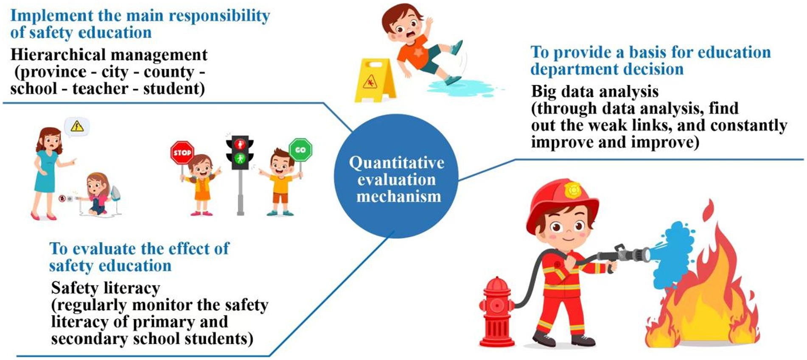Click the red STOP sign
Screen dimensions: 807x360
coord(182,152)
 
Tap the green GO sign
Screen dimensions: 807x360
coord(300,150)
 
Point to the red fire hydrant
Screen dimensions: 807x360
coord(496,311)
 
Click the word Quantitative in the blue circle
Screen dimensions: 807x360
coord(397,163)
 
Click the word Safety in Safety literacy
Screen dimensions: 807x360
coord(75,288)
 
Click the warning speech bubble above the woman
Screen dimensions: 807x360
coord(77,126)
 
